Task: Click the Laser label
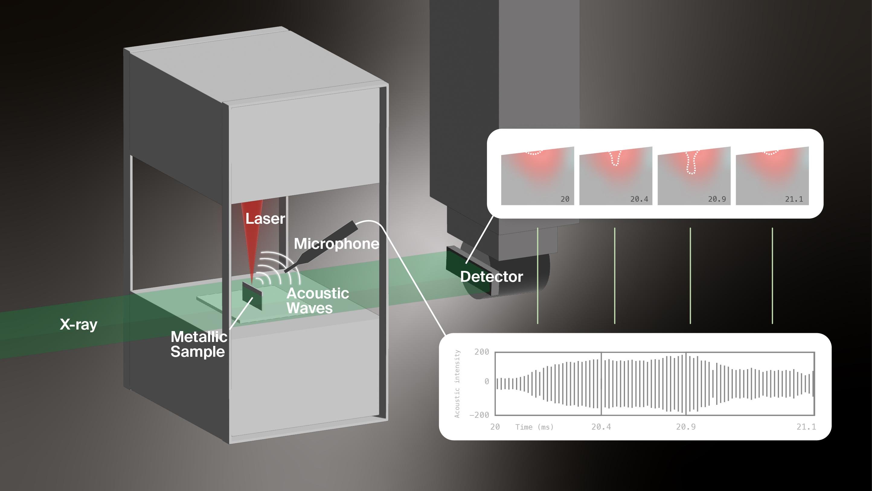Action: tap(265, 219)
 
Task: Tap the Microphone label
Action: tap(336, 244)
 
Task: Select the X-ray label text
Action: tap(79, 324)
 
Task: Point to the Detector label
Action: tap(492, 277)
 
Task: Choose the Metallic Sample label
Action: tap(199, 344)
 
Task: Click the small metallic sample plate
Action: tap(252, 296)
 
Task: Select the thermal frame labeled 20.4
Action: tap(615, 176)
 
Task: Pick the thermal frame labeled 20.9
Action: tap(694, 176)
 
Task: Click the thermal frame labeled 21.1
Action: tap(772, 176)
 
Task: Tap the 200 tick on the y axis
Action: tap(482, 352)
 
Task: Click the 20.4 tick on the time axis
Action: tap(601, 427)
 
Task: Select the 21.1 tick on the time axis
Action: tap(806, 427)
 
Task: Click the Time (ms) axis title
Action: tap(534, 427)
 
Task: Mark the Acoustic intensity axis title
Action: tap(457, 384)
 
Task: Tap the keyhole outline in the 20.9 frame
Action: tap(692, 163)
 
